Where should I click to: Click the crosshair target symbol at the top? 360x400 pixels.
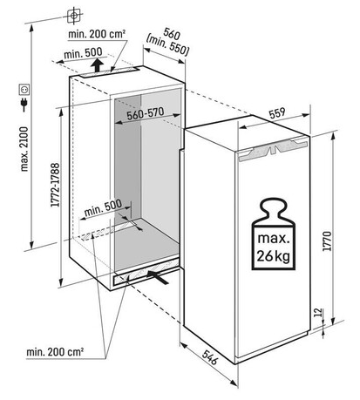click(74, 16)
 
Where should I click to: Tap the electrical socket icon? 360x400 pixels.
click(24, 89)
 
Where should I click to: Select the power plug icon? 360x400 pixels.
click(24, 105)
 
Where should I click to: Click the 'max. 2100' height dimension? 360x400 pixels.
click(24, 148)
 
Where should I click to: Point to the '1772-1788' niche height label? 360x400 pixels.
click(55, 185)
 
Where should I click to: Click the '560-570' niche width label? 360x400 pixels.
click(146, 113)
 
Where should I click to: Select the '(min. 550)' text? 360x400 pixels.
click(168, 45)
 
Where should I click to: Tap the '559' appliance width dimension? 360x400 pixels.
click(277, 113)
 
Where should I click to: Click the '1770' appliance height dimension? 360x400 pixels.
click(327, 241)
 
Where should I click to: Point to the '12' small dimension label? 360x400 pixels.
click(319, 312)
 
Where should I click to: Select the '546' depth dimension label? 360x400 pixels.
click(210, 357)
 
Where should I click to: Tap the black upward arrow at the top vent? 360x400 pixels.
click(98, 65)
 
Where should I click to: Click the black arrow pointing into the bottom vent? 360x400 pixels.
click(158, 277)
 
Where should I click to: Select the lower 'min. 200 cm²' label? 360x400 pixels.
click(55, 352)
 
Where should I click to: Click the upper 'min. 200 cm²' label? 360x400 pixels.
click(97, 34)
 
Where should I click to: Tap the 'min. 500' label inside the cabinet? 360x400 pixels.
click(103, 207)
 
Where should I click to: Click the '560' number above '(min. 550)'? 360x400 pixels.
click(172, 34)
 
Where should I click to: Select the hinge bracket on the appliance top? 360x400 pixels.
click(273, 148)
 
